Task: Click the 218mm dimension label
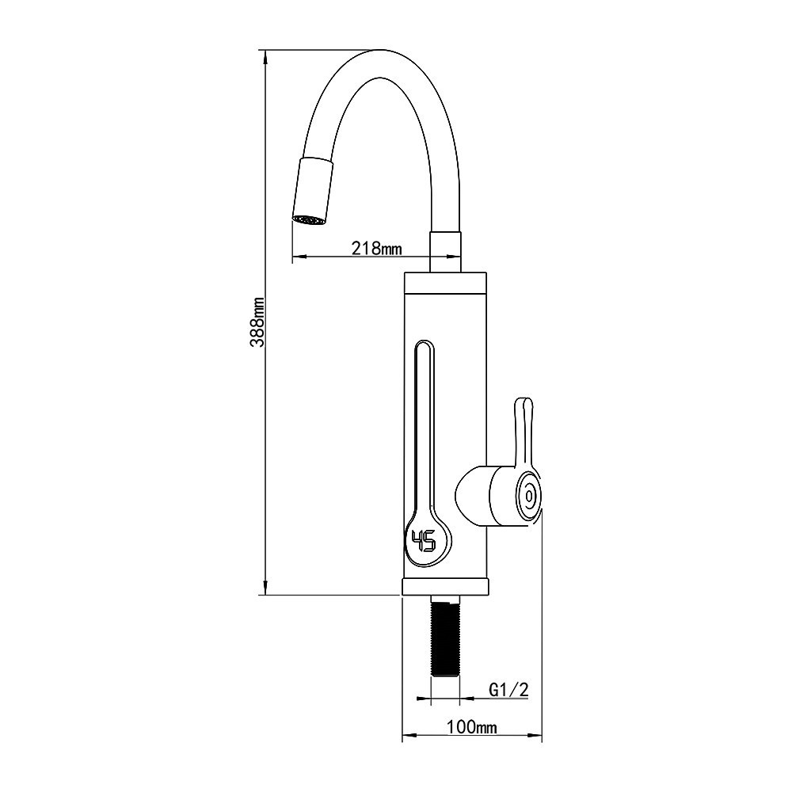point(376,249)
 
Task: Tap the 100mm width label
point(471,727)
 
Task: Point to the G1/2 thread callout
point(508,690)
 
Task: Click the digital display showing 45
point(424,542)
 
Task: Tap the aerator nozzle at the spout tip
point(308,220)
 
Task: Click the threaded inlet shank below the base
point(445,638)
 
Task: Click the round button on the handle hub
point(528,496)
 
